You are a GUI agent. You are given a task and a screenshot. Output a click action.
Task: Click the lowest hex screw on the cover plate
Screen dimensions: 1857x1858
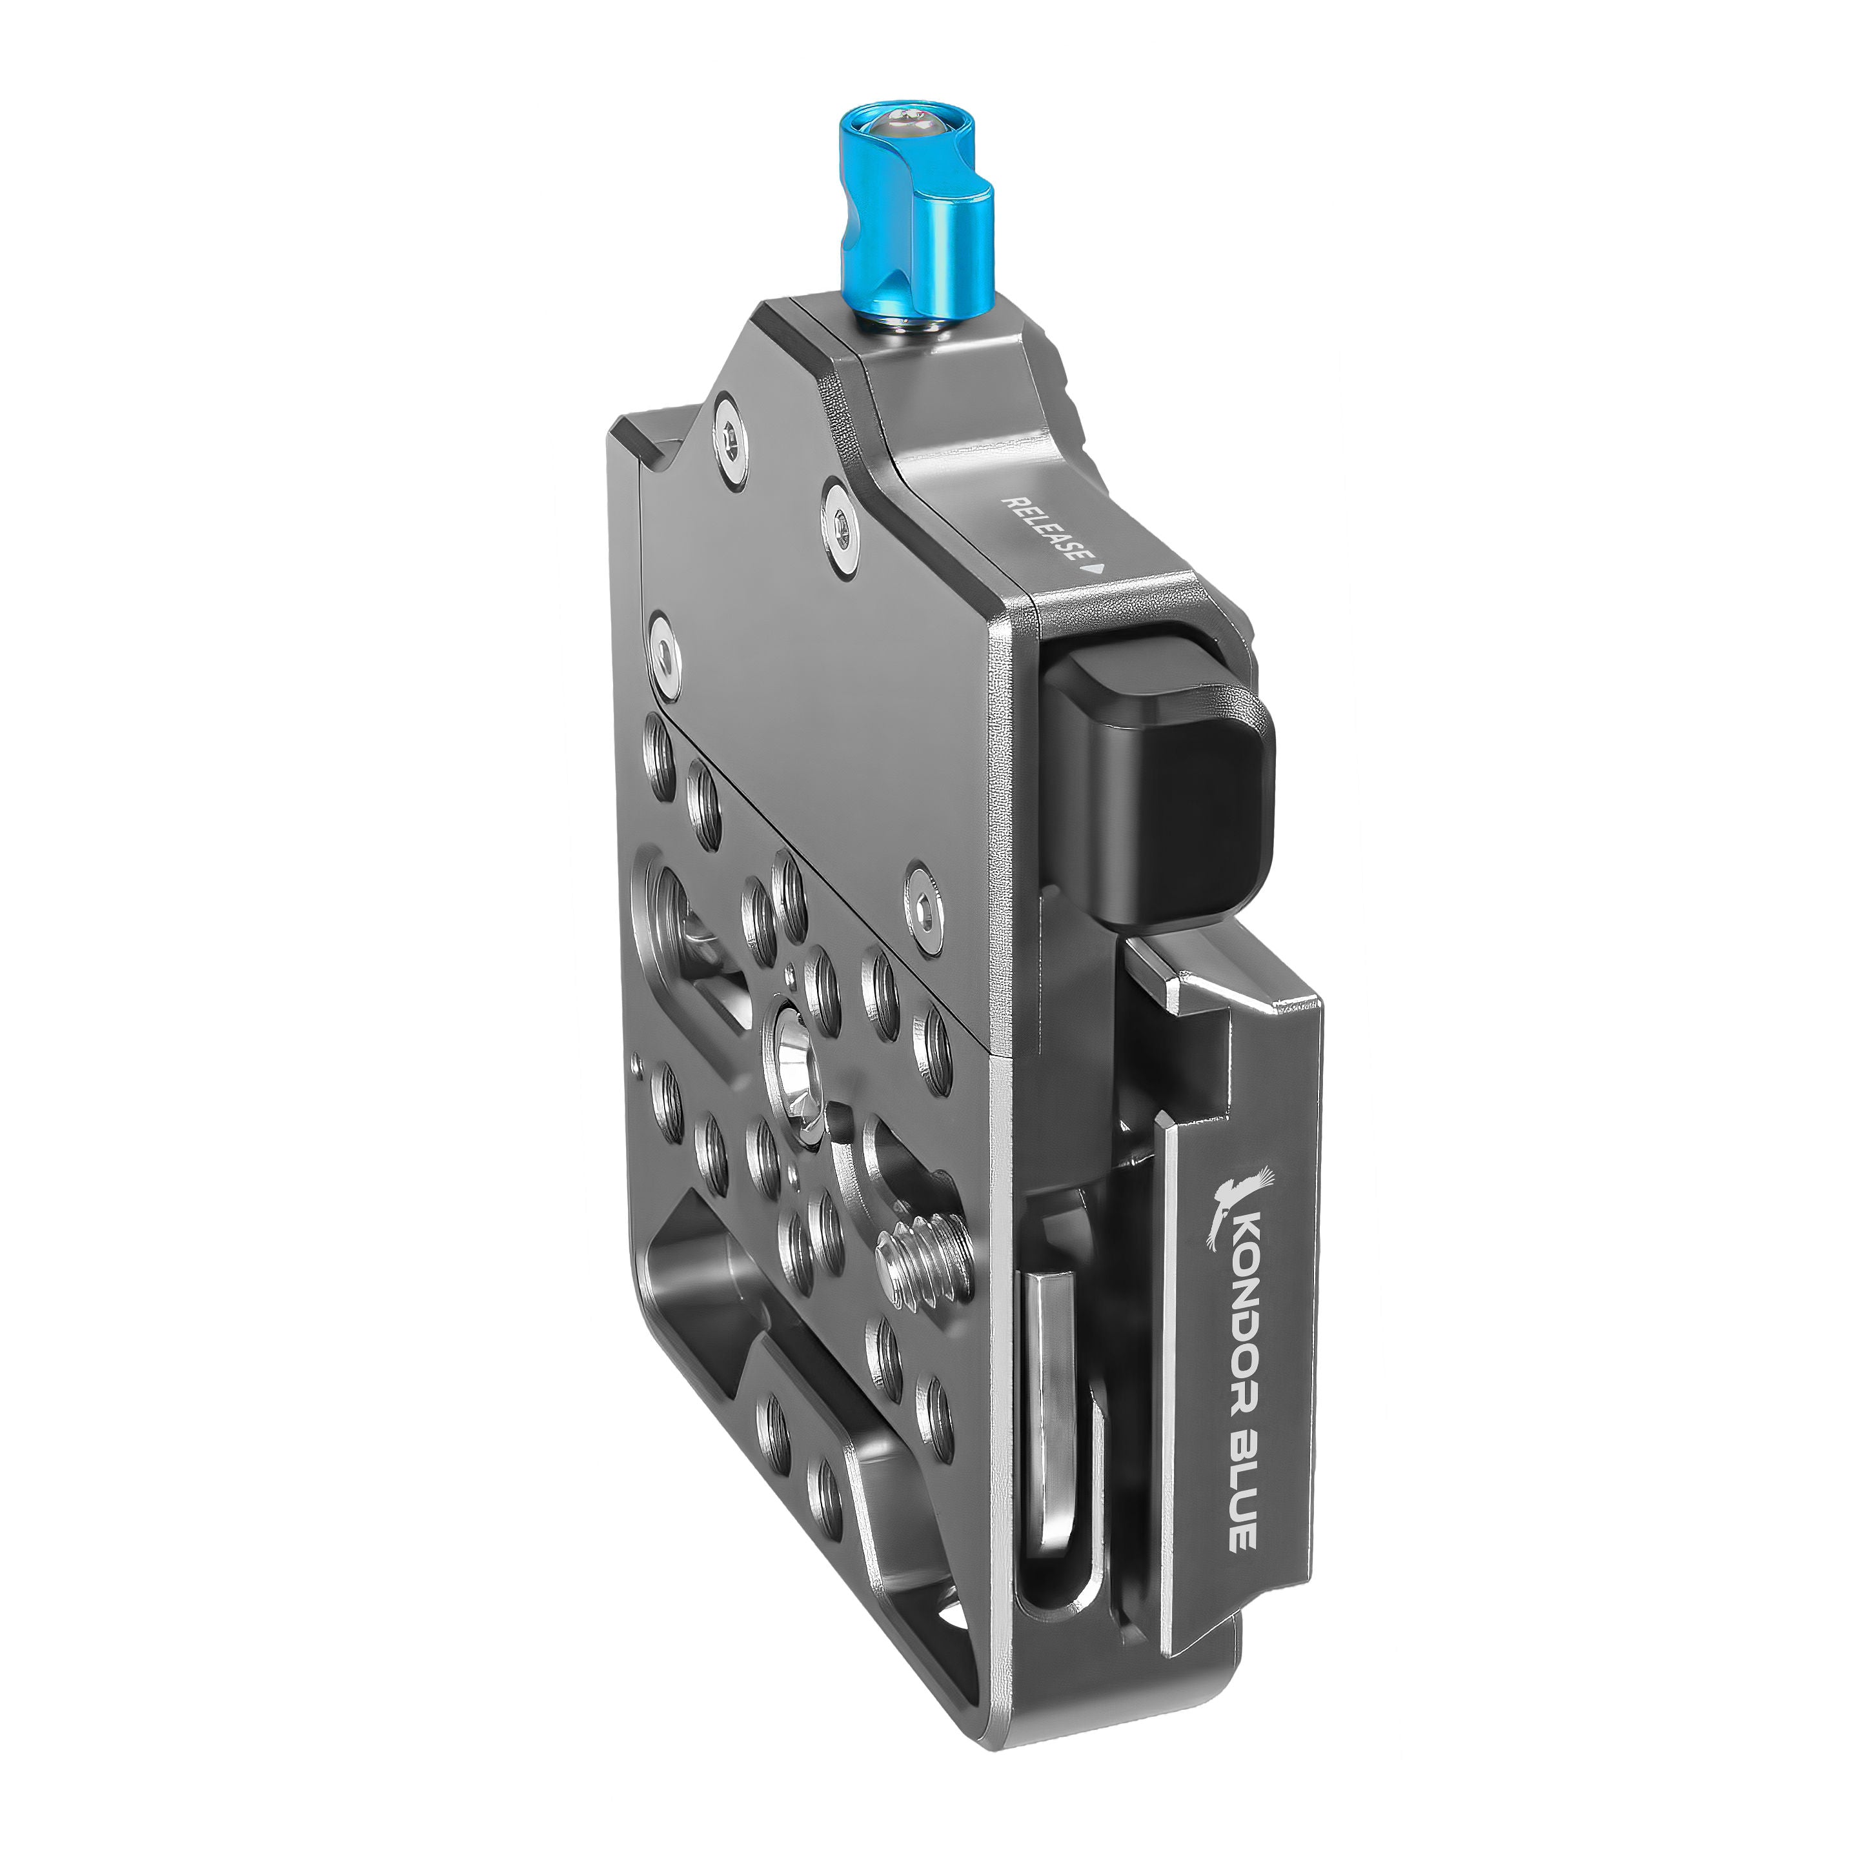925,904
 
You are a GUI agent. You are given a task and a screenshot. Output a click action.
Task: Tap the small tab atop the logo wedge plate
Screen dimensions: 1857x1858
1154,976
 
